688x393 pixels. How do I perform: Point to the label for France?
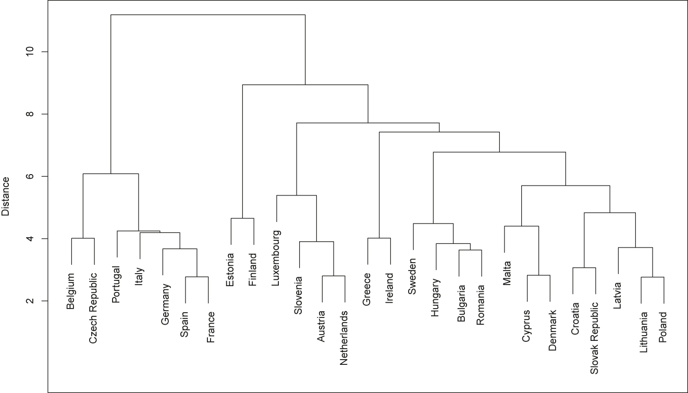tap(208, 327)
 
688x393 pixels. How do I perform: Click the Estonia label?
tap(231, 270)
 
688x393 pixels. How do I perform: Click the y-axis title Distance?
tap(7, 195)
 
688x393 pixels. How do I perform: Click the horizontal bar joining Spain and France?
tap(197, 277)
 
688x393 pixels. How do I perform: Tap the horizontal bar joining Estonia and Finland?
tap(242, 218)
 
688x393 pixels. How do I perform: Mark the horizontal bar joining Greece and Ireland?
tap(379, 238)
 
